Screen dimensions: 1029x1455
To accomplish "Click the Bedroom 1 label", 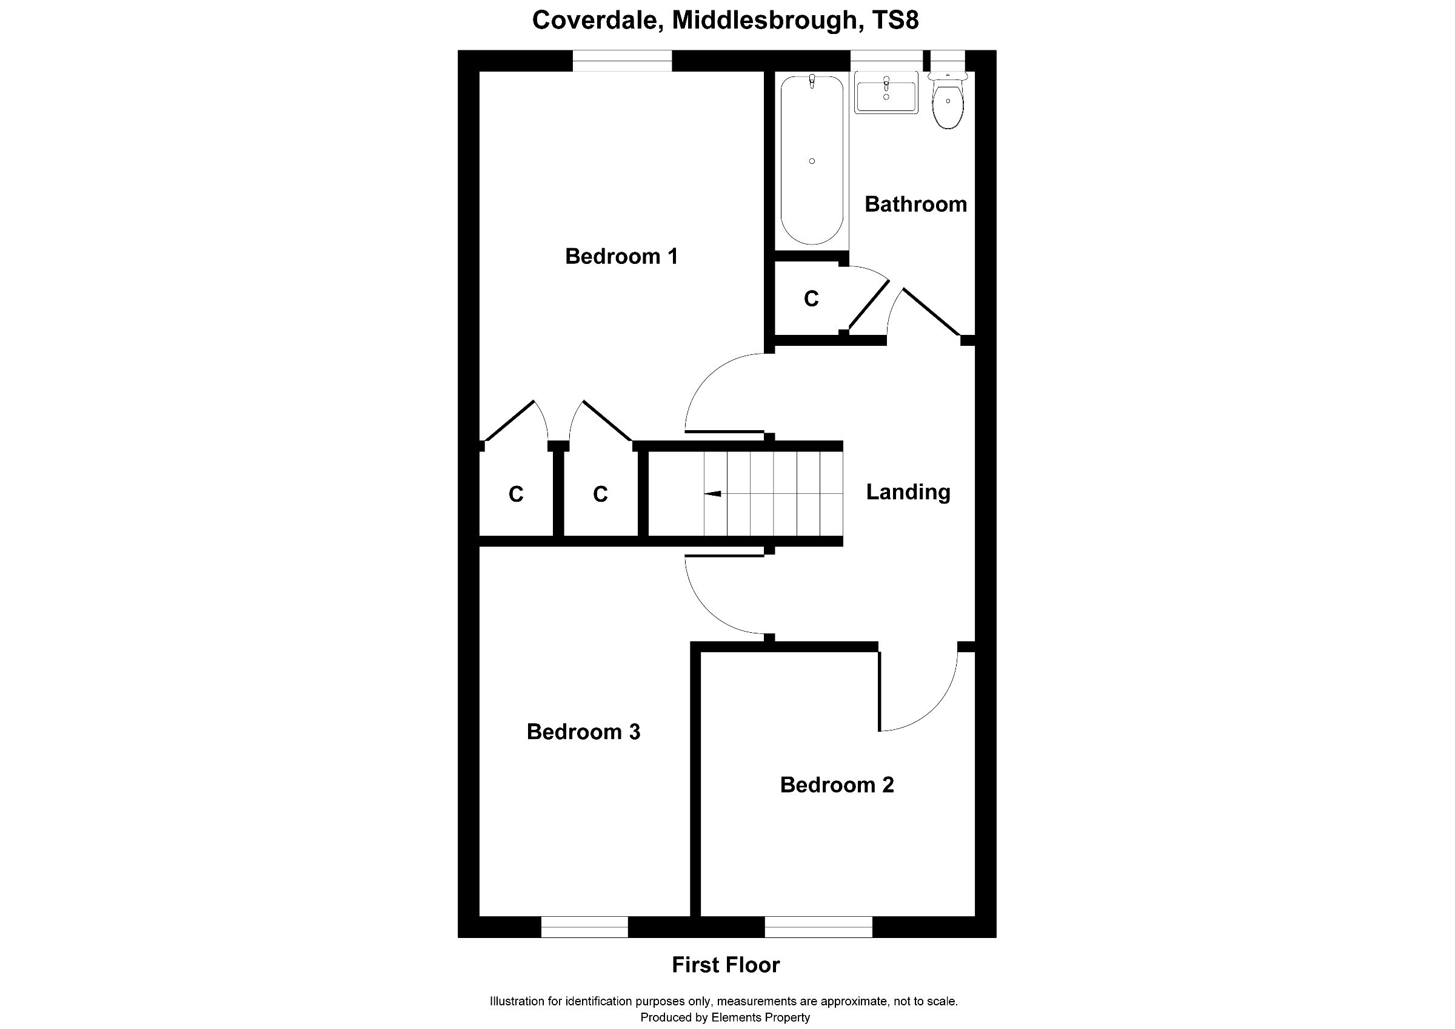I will [621, 256].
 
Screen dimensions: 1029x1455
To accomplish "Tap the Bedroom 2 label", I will [837, 785].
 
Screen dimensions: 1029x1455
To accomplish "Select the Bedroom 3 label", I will [583, 732].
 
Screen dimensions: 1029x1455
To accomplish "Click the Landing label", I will [908, 492].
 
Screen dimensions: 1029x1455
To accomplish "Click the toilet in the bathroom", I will [948, 104].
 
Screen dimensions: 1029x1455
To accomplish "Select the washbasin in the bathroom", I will [886, 94].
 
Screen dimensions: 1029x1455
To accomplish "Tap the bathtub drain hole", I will [812, 161].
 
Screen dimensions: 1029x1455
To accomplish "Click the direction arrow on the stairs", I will [712, 493].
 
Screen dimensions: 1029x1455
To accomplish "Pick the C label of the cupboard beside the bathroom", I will [811, 299].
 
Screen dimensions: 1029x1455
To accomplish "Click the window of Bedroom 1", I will [621, 61].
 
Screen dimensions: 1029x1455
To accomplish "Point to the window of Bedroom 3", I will [584, 926].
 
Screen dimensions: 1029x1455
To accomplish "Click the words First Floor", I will [726, 965].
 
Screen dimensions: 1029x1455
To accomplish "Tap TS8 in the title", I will [895, 20].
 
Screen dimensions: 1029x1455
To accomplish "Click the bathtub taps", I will [812, 81].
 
